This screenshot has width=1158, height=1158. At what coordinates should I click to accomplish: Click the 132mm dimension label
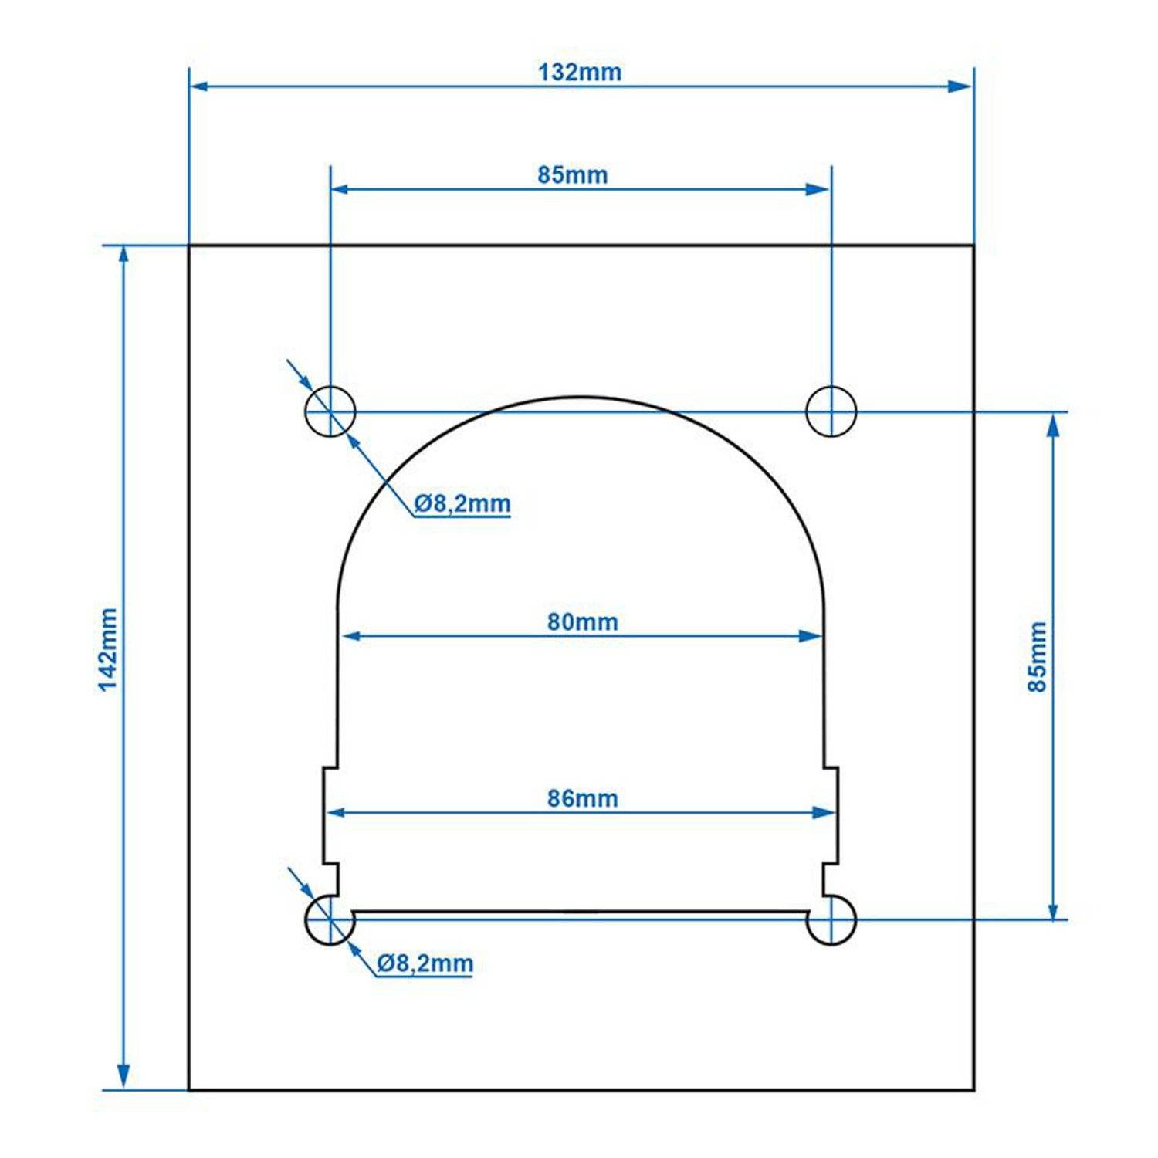click(x=579, y=72)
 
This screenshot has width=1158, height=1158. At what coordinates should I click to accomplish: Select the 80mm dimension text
click(x=582, y=621)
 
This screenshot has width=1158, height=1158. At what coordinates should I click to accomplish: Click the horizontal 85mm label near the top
click(x=572, y=174)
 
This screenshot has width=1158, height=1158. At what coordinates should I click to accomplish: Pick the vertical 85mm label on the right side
click(x=1038, y=656)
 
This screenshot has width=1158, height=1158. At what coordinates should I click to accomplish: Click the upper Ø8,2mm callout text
click(x=462, y=503)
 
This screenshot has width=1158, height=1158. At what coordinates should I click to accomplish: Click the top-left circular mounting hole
click(x=330, y=411)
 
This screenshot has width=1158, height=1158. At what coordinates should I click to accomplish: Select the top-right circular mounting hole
click(x=831, y=411)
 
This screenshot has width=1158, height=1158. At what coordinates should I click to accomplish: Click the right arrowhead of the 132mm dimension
click(x=961, y=86)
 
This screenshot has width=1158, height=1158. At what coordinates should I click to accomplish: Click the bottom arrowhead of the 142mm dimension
click(x=124, y=1077)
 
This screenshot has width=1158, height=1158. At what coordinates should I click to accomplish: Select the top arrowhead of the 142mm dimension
click(x=124, y=259)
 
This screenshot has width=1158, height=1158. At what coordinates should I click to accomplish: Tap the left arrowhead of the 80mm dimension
click(x=352, y=635)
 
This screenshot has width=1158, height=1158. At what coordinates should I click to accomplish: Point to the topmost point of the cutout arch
click(x=579, y=398)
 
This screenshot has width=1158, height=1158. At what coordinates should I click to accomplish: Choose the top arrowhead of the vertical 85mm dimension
click(x=1054, y=425)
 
